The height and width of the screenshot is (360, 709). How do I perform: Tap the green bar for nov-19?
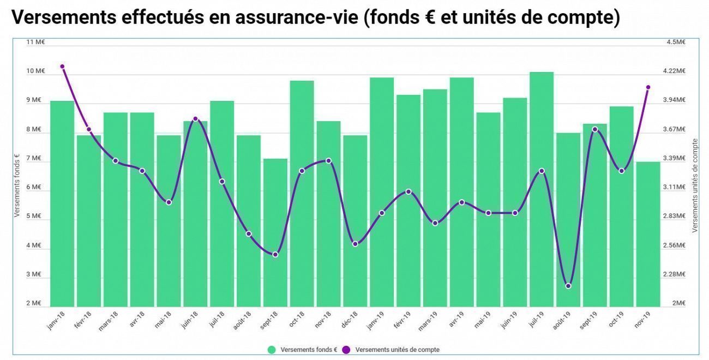(648, 235)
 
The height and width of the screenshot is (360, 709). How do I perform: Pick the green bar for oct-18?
(302, 194)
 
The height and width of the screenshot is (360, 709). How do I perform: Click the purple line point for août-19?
(568, 286)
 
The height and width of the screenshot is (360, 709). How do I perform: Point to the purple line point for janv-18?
(62, 67)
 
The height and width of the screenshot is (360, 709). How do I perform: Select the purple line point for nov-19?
(648, 87)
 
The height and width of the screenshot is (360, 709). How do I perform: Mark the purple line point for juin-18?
(195, 119)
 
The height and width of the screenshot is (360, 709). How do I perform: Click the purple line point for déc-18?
(355, 244)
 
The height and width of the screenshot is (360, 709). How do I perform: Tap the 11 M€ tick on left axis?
(35, 42)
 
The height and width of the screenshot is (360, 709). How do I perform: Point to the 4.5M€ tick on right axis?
(676, 42)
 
